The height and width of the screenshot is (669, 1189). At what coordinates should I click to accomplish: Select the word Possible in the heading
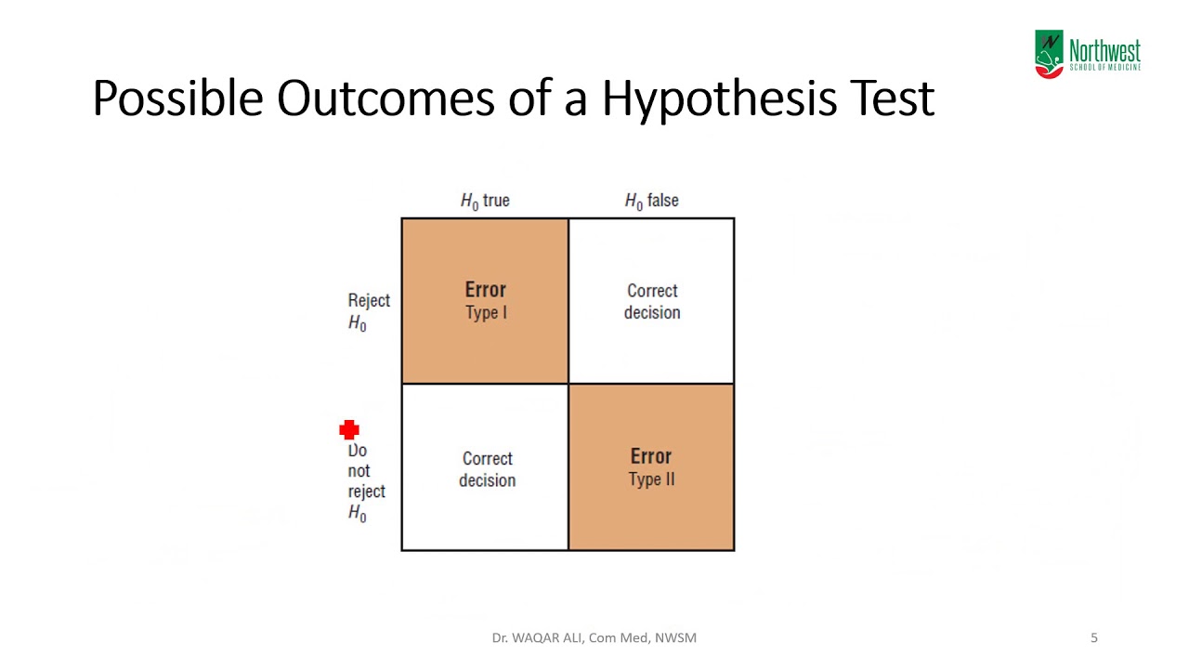[x=177, y=98]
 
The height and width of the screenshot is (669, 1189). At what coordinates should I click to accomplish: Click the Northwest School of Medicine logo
[x=1088, y=55]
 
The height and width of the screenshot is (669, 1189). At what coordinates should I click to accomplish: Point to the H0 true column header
[x=485, y=201]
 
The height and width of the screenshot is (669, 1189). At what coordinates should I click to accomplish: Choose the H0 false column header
[x=651, y=201]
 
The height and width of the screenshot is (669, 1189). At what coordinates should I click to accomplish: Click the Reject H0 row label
[x=368, y=311]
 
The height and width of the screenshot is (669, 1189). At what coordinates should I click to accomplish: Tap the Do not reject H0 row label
[x=365, y=481]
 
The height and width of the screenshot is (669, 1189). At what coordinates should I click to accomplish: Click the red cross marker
[x=349, y=429]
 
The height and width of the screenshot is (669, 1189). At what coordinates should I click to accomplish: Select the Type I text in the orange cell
[x=486, y=313]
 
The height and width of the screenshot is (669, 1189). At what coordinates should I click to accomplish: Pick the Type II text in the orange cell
[x=651, y=479]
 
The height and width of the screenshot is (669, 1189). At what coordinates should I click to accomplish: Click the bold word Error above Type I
[x=485, y=290]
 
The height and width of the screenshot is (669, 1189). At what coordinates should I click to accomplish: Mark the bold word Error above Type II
[x=650, y=456]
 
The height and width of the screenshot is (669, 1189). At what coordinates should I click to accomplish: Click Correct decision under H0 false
[x=652, y=302]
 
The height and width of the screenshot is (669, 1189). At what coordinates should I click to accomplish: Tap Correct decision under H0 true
[x=487, y=469]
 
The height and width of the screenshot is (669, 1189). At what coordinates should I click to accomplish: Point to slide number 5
[x=1093, y=637]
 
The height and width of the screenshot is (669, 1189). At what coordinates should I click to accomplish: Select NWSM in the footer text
[x=676, y=637]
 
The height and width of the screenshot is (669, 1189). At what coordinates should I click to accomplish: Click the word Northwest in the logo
[x=1104, y=50]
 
